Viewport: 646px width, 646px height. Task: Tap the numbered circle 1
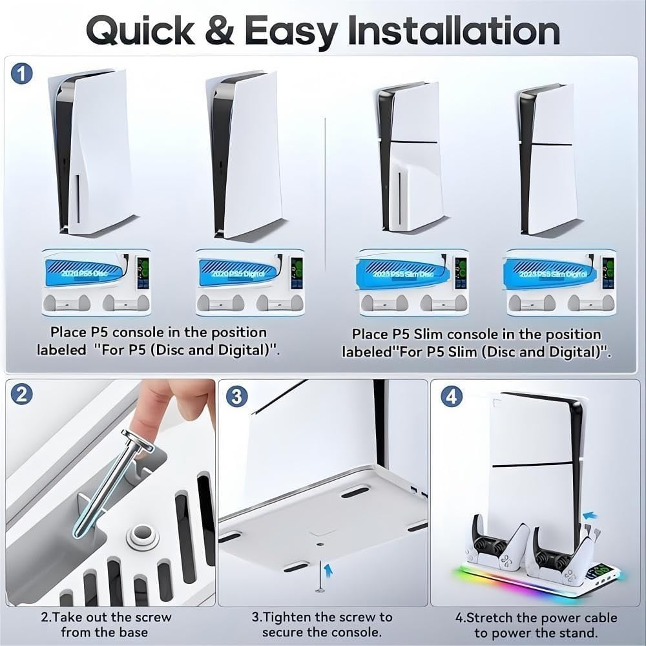click(23, 73)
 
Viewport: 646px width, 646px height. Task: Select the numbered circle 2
click(22, 395)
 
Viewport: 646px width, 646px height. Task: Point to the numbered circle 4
click(451, 396)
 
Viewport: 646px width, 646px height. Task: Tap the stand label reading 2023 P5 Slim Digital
click(549, 274)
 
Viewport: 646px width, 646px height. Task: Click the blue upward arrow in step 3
click(328, 568)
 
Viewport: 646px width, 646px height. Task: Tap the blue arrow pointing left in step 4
click(589, 516)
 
